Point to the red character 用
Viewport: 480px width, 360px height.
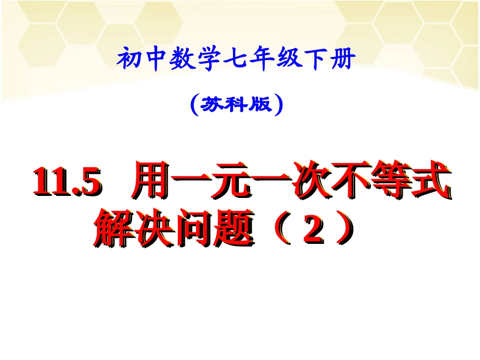pyautogui.click(x=153, y=186)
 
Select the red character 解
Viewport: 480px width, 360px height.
pyautogui.click(x=112, y=230)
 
